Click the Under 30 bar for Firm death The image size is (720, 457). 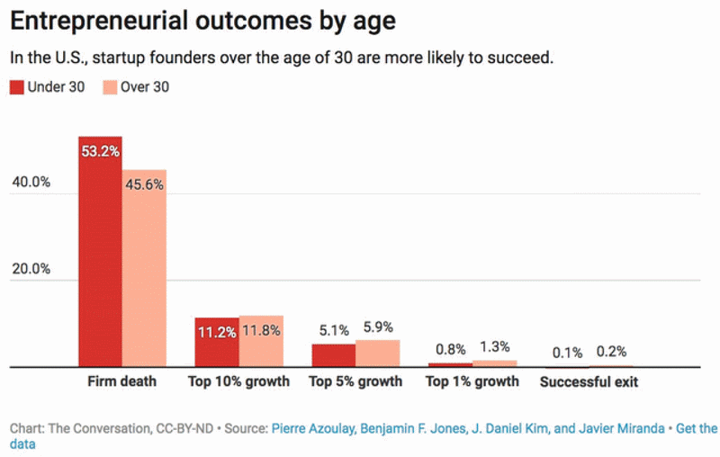click(x=100, y=252)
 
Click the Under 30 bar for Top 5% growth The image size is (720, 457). click(x=333, y=355)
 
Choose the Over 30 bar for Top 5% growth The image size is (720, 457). click(x=377, y=354)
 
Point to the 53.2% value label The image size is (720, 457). click(x=100, y=152)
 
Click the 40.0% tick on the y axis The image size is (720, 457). click(x=31, y=182)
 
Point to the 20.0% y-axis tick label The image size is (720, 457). click(x=31, y=269)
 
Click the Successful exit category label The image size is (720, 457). click(x=589, y=382)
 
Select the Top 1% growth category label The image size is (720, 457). click(x=472, y=381)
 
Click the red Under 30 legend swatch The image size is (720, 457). click(x=17, y=87)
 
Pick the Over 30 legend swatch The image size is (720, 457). click(x=109, y=87)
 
